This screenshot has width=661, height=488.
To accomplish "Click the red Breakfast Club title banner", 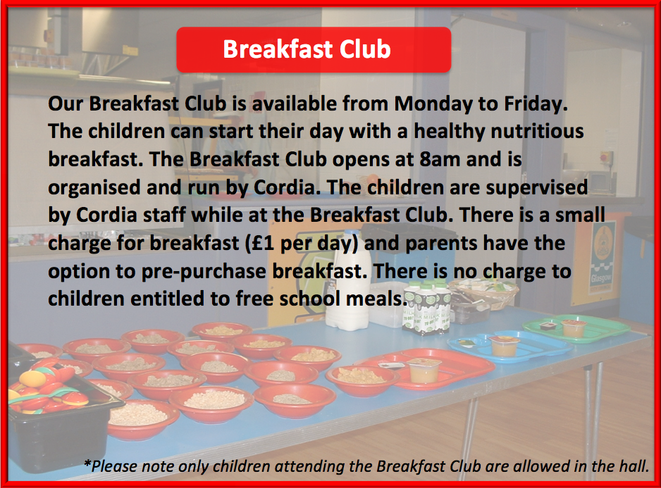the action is [x=314, y=50].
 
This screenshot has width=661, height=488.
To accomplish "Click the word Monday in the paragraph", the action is [x=433, y=104].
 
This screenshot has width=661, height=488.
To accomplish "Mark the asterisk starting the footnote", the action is [x=87, y=463].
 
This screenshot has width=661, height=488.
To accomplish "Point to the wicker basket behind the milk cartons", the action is [x=485, y=294].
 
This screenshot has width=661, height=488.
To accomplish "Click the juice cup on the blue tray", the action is [x=504, y=346].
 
